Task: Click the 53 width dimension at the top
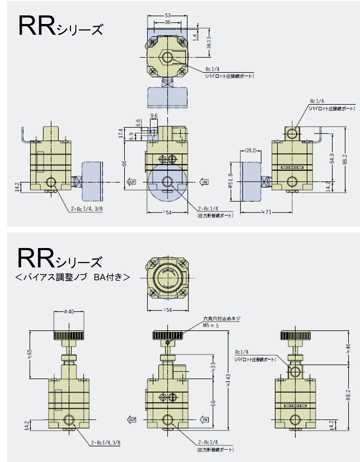[x=167, y=15]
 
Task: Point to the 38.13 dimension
[x=209, y=42]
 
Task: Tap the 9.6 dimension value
[x=154, y=116]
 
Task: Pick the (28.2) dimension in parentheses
[x=251, y=151]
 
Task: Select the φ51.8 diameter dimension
[x=230, y=180]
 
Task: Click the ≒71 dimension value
[x=266, y=213]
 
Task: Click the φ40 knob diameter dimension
[x=68, y=312]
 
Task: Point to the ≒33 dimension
[x=213, y=367]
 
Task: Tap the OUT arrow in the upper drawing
[x=132, y=182]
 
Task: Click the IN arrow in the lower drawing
[x=205, y=419]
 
